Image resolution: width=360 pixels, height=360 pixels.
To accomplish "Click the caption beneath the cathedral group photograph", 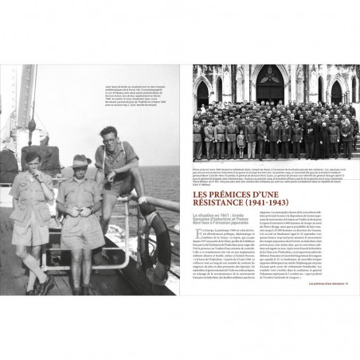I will tap(274, 175).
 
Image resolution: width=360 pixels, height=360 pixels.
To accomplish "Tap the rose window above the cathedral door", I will tap(269, 71).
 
